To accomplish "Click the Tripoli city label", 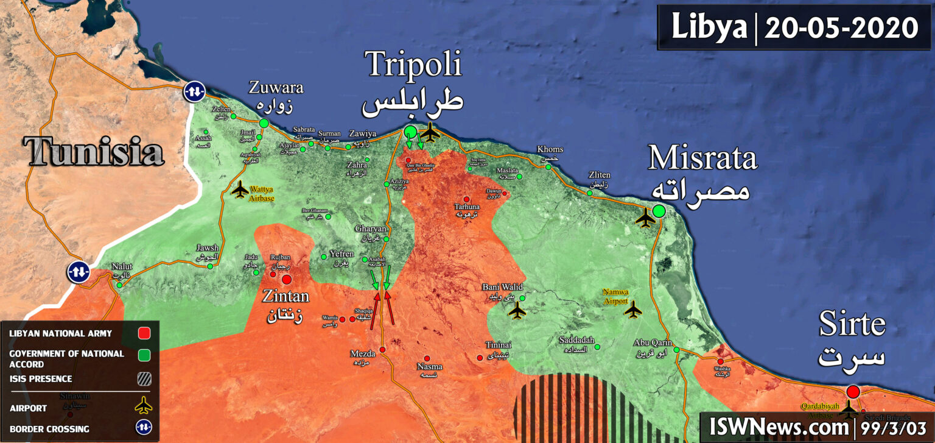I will [x=413, y=65].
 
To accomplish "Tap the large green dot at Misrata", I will [x=659, y=211].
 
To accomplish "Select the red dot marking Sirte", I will [x=853, y=391].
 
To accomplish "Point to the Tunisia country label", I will [x=94, y=152].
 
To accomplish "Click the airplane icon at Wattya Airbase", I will [x=240, y=190].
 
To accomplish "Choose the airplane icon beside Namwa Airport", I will [x=633, y=310].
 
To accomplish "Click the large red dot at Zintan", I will [x=287, y=279].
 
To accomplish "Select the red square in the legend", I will [x=144, y=333].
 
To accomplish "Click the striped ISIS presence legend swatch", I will [x=144, y=379].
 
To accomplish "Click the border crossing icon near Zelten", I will [x=194, y=91].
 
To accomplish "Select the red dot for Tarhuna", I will [x=467, y=199].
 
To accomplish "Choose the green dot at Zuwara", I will [x=264, y=123].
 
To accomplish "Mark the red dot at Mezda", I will [x=382, y=350].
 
